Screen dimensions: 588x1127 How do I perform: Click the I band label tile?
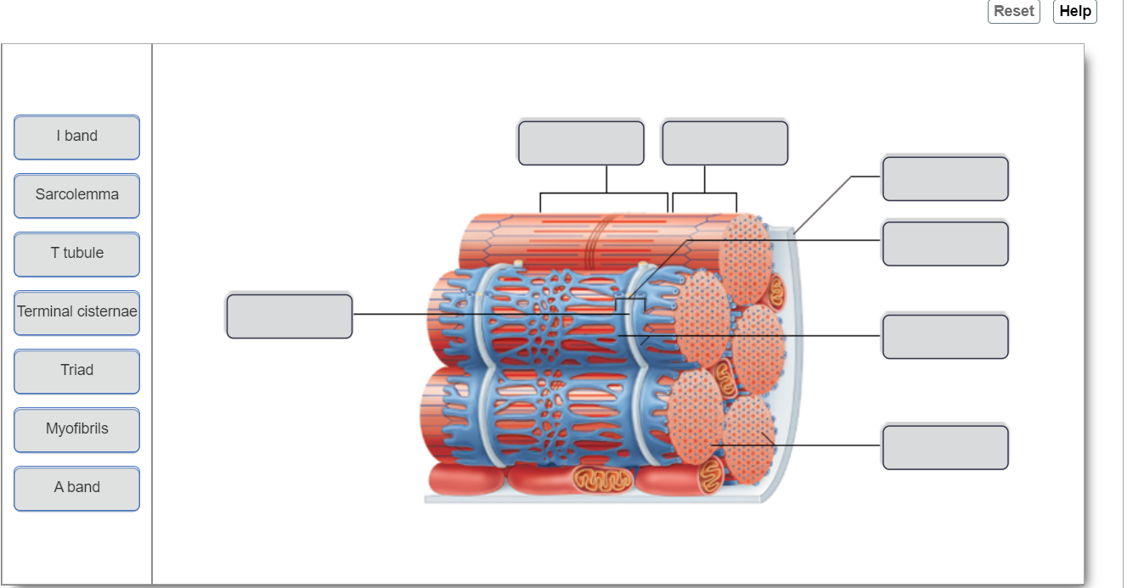click(76, 137)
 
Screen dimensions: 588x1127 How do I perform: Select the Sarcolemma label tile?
click(76, 195)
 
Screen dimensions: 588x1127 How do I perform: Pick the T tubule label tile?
click(76, 254)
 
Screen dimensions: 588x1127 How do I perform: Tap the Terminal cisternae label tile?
click(76, 312)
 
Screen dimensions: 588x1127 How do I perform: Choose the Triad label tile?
click(76, 371)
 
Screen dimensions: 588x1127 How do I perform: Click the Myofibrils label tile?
click(76, 429)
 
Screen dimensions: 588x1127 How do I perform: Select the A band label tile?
click(76, 488)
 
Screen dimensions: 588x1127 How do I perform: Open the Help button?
click(1074, 11)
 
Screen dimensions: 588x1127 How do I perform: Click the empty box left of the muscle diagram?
click(289, 316)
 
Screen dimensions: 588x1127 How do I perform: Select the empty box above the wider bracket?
click(581, 143)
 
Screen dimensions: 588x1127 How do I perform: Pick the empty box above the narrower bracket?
click(724, 143)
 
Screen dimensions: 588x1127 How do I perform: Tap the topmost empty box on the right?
click(944, 178)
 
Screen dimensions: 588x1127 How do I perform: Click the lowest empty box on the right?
click(944, 447)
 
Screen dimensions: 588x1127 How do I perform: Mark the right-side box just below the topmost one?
click(944, 244)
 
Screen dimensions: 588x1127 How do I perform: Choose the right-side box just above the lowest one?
click(944, 336)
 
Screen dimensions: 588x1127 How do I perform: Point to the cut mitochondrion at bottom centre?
click(602, 479)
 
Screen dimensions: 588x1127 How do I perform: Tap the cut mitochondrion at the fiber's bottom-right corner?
click(713, 477)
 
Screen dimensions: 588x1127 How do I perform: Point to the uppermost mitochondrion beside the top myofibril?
click(777, 291)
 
